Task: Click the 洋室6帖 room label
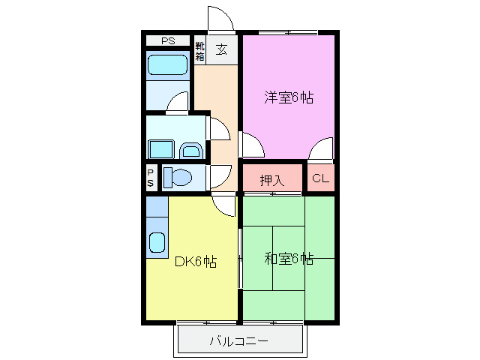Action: click(288, 97)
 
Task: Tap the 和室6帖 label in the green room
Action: click(289, 259)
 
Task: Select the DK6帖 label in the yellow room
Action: click(196, 262)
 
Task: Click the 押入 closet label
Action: click(271, 180)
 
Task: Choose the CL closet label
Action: click(320, 178)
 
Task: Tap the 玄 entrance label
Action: click(222, 50)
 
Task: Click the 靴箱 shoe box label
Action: click(200, 50)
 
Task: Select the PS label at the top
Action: click(169, 40)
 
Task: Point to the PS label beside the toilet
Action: click(151, 178)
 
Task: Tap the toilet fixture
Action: click(178, 178)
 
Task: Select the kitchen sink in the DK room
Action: click(157, 242)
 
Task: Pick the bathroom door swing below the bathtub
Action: click(178, 103)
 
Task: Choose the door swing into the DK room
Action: click(223, 203)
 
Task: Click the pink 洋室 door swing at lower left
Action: click(250, 144)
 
